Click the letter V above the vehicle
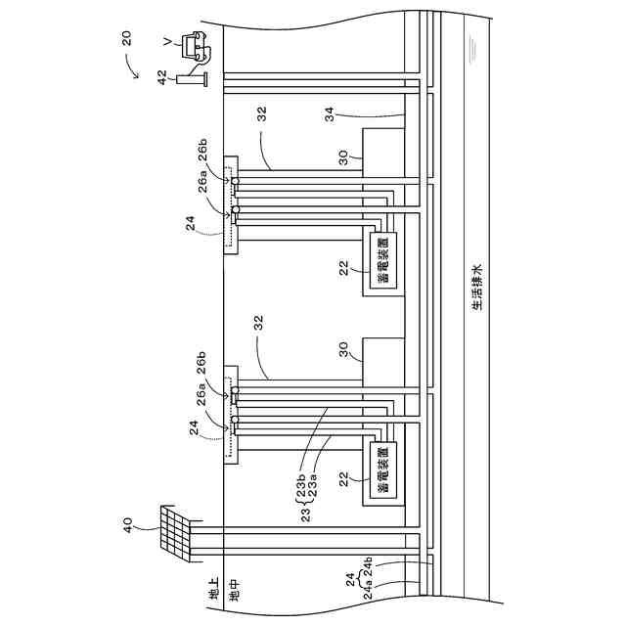point(168,40)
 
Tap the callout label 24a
point(366,592)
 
